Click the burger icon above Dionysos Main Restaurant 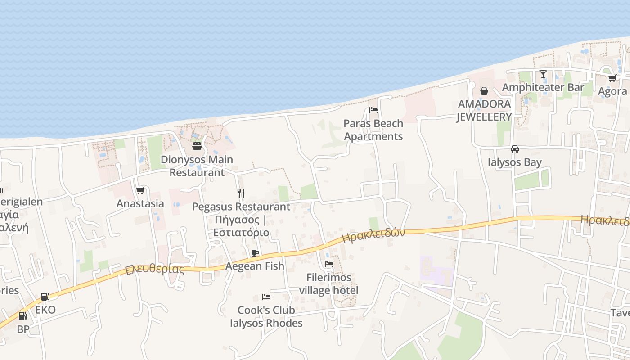tap(197, 146)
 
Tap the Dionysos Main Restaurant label tap(197, 166)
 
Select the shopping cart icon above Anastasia tap(140, 191)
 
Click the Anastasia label tap(140, 203)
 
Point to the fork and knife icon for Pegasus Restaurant tap(241, 193)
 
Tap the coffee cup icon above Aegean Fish tap(255, 253)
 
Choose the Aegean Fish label tap(255, 266)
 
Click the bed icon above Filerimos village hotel tap(329, 264)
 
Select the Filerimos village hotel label tap(329, 284)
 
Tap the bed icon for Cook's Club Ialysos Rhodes tap(266, 297)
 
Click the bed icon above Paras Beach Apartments tap(373, 110)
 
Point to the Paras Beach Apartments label tap(373, 130)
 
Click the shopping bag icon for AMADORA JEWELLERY tap(484, 91)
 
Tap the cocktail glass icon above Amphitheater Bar tap(543, 74)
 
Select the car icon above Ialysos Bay tap(515, 149)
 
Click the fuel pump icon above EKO tap(45, 297)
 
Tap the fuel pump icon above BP tap(22, 316)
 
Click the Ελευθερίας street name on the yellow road tap(155, 270)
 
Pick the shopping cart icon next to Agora tap(612, 78)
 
